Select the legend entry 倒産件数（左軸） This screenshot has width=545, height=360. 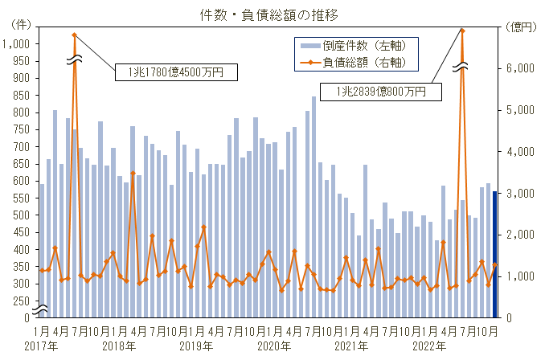pyautogui.click(x=361, y=46)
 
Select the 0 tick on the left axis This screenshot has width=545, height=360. pyautogui.click(x=27, y=318)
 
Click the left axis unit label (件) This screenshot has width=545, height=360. pyautogui.click(x=18, y=27)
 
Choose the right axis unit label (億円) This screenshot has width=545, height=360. pyautogui.click(x=519, y=27)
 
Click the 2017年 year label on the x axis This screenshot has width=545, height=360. pyautogui.click(x=41, y=346)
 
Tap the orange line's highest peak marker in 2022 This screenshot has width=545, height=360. pyautogui.click(x=462, y=31)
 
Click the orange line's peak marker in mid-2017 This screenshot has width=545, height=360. pyautogui.click(x=75, y=35)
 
